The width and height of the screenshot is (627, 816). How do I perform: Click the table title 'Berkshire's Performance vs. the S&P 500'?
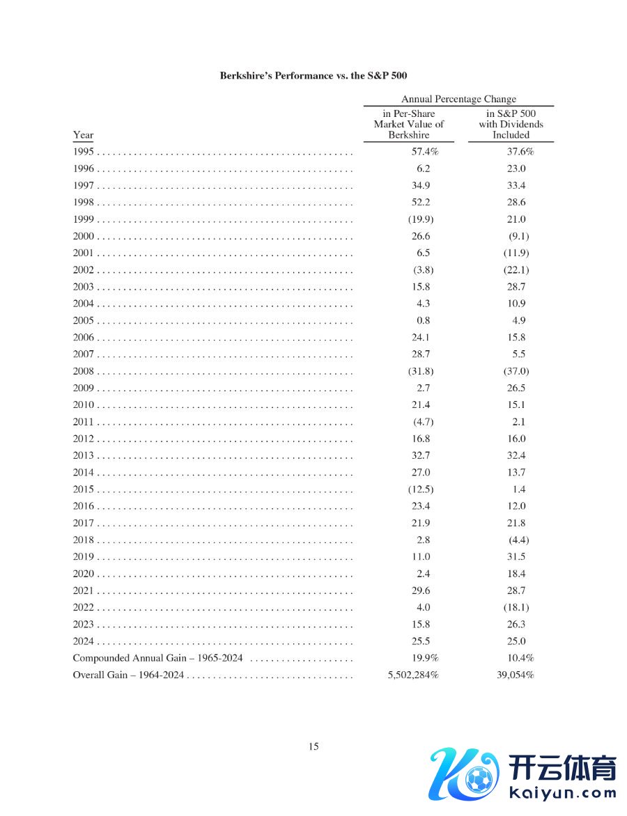313,75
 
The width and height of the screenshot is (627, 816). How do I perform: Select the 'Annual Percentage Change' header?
458,99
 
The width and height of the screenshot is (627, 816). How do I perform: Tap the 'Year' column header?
83,135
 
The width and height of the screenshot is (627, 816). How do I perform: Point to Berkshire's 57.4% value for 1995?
424,152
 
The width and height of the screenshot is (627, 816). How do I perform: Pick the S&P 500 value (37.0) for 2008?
516,371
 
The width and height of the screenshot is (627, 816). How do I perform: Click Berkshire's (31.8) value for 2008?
420,371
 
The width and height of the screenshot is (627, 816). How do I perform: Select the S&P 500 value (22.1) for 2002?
516,270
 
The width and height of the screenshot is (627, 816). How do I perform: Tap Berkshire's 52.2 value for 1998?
421,203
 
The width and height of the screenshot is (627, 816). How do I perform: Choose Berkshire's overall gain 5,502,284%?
412,675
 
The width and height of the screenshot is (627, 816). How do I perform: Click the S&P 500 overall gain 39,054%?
516,675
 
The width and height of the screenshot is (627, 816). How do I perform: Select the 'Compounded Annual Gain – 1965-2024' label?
157,658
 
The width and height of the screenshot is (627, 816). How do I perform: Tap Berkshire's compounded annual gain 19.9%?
424,658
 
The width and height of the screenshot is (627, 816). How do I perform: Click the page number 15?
313,746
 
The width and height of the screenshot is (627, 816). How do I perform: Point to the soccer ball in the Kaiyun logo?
479,779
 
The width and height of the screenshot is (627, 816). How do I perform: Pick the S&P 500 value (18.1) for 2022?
516,608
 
